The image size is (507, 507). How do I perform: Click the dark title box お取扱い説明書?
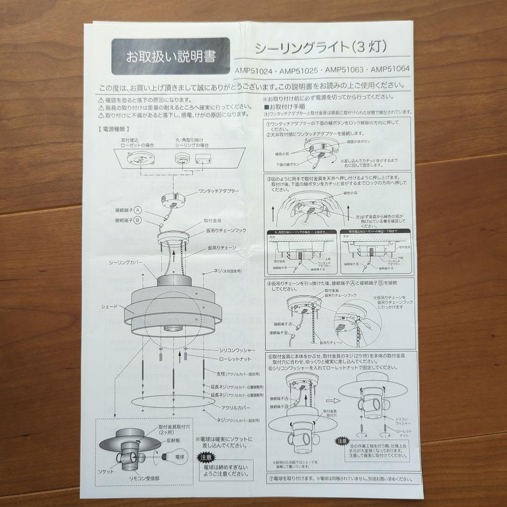click(170, 57)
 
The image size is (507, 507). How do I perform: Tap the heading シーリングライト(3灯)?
click(320, 47)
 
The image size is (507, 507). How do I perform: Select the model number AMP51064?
click(390, 69)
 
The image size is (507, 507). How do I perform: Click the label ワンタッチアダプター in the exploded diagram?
click(219, 192)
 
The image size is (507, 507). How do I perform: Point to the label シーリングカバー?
click(126, 263)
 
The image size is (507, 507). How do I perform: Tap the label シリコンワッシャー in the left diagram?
click(237, 350)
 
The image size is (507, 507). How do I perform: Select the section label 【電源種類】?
click(114, 128)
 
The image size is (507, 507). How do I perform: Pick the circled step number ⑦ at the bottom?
click(271, 479)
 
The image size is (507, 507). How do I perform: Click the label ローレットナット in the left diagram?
click(235, 359)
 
